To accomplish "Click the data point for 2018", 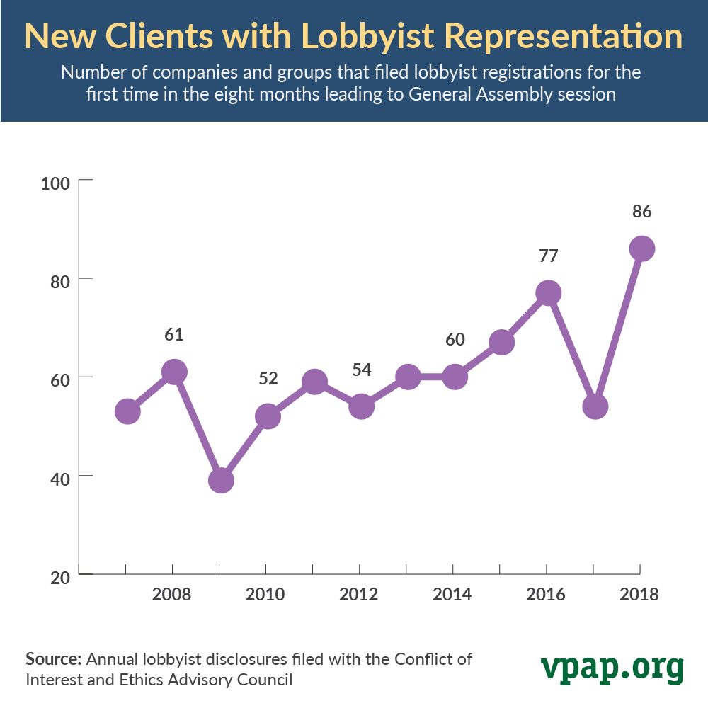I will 641,249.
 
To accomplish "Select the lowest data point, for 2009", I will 221,480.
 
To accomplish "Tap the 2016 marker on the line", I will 548,293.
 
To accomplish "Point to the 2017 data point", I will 595,406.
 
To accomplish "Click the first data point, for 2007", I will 127,411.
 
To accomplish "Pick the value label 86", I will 641,211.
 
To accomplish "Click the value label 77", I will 548,255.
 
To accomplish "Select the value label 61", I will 174,334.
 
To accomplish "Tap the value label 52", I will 268,378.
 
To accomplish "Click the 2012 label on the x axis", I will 358,594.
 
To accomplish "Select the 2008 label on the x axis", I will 171,594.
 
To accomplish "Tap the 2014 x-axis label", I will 452,594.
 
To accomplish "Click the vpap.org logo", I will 612,666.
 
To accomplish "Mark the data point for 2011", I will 314,382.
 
